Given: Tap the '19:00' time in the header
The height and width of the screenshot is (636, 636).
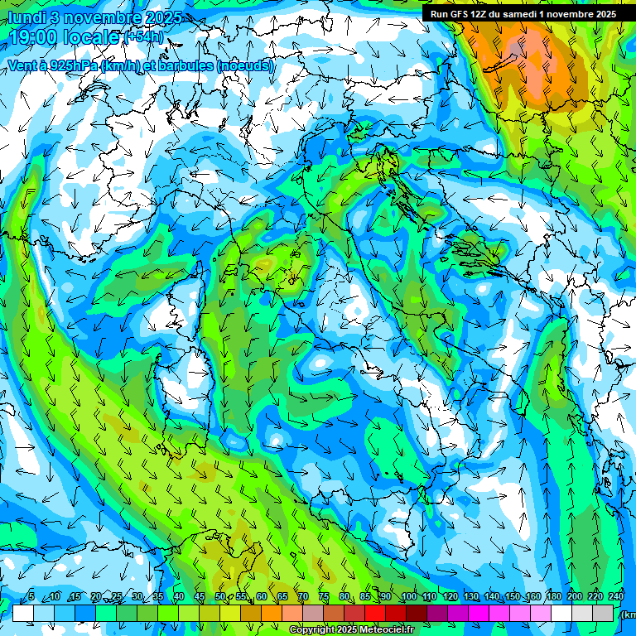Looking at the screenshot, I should tap(35, 37).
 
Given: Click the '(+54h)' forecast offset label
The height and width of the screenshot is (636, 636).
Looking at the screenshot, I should tap(144, 37).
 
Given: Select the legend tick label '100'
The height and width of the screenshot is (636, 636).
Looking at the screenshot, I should tap(409, 597).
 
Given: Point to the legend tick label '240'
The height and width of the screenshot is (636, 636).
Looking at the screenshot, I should tap(616, 597).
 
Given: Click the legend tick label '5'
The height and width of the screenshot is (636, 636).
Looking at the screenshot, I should tap(31, 597).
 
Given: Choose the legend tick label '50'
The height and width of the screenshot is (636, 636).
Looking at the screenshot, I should tap(220, 597).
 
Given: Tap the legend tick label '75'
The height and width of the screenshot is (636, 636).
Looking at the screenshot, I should tap(324, 597).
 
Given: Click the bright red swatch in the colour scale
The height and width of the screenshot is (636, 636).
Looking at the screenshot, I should tap(375, 613).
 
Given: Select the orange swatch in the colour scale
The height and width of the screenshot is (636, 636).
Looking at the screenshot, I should tap(272, 613).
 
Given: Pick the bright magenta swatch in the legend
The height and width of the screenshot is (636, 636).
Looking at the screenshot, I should tap(479, 613).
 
